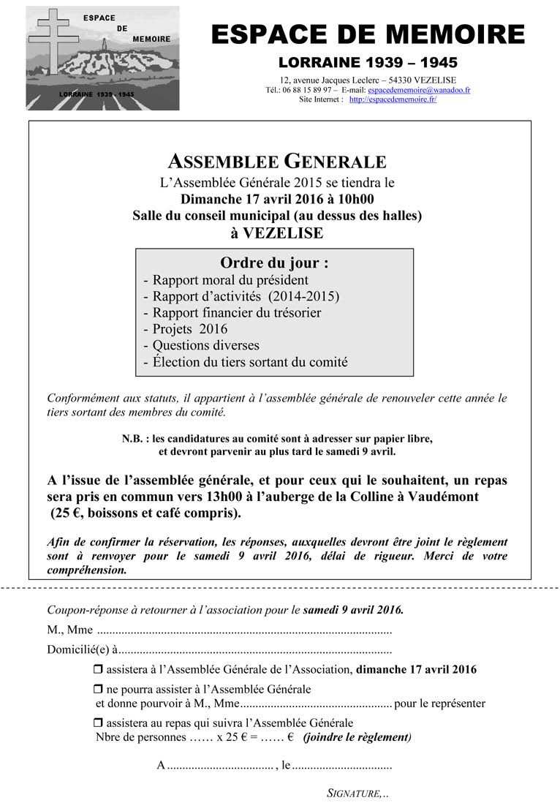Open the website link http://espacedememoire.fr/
click(393, 99)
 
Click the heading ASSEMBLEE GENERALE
click(277, 162)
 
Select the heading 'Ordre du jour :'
click(274, 263)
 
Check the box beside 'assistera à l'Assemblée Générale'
click(99, 669)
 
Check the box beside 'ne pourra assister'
click(99, 690)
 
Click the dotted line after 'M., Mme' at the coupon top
click(244, 630)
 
